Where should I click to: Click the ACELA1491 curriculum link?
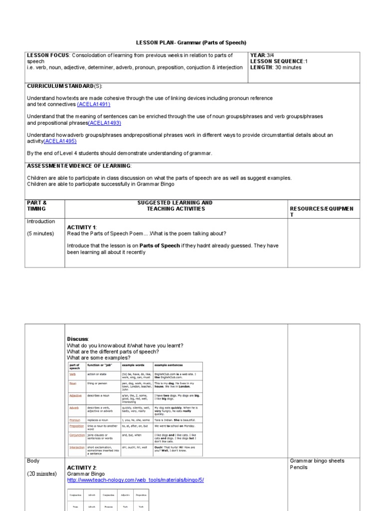pyautogui.click(x=94, y=104)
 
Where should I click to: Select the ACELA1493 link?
pyautogui.click(x=105, y=123)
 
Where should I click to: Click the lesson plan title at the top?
pyautogui.click(x=191, y=43)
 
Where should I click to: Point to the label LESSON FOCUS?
pyautogui.click(x=47, y=55)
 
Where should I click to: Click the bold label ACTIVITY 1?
pyautogui.click(x=81, y=228)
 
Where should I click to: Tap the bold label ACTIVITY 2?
pyautogui.click(x=82, y=468)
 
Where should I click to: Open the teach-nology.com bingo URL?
pyautogui.click(x=135, y=480)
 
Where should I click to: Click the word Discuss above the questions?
pyautogui.click(x=77, y=339)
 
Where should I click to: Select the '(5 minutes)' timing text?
pyautogui.click(x=40, y=234)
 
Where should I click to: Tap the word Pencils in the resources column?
pyautogui.click(x=299, y=468)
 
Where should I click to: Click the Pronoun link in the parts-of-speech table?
pyautogui.click(x=75, y=420)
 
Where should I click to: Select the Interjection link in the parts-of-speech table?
pyautogui.click(x=77, y=447)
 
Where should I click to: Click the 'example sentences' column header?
pyautogui.click(x=169, y=365)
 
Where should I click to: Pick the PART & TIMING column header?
pyautogui.click(x=37, y=206)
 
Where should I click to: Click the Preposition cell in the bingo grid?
pyautogui.click(x=141, y=495)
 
